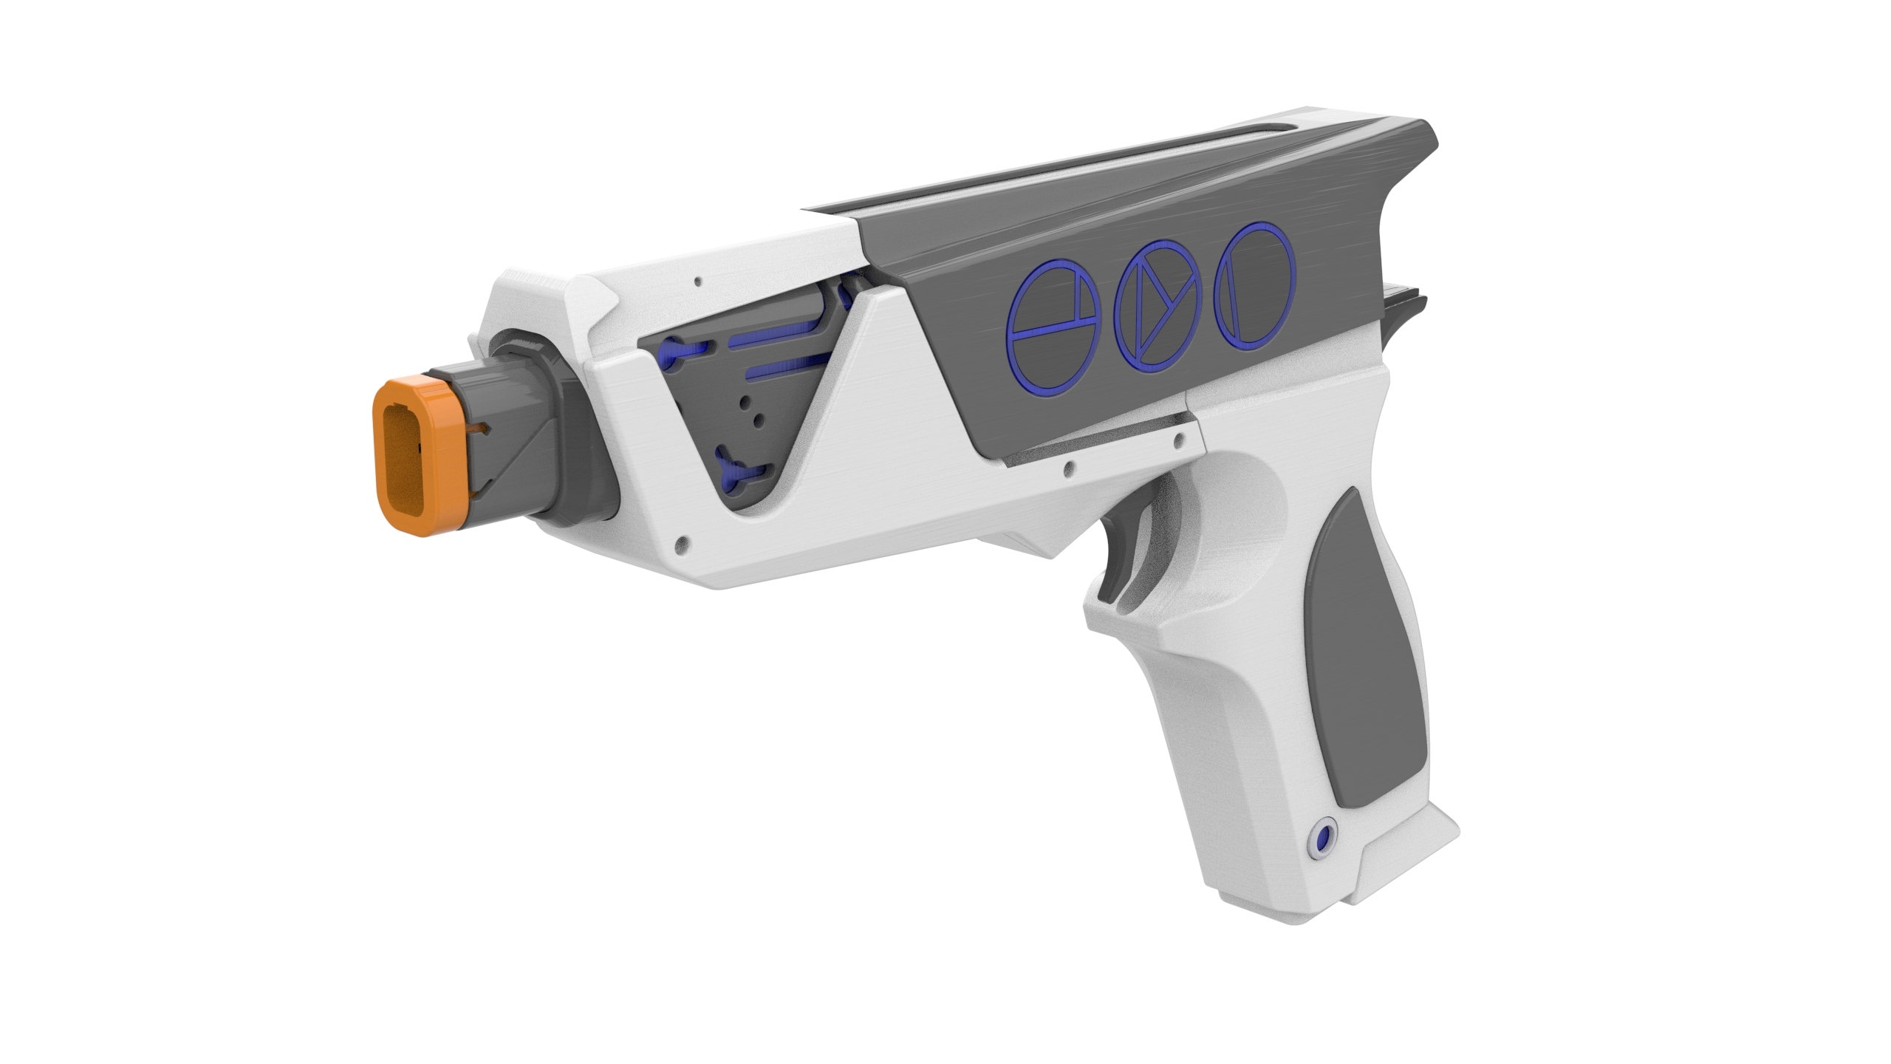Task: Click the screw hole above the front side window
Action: click(x=698, y=282)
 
